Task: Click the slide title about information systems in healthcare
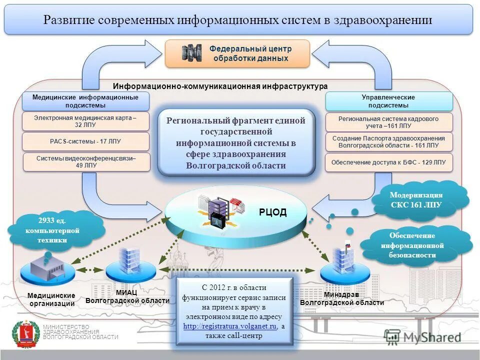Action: click(x=238, y=20)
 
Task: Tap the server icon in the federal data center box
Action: click(x=191, y=53)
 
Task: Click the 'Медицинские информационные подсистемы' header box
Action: click(x=85, y=101)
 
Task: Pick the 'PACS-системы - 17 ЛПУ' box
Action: click(x=85, y=141)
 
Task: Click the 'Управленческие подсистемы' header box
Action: click(x=388, y=101)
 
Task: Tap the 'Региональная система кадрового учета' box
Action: click(x=388, y=122)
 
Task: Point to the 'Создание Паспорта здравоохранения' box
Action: click(x=388, y=142)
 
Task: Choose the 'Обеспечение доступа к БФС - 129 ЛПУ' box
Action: click(x=388, y=162)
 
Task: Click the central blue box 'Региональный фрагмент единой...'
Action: click(x=236, y=143)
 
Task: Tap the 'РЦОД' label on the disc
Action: click(x=273, y=212)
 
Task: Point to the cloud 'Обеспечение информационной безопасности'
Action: click(x=412, y=245)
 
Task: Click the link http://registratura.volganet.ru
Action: click(x=230, y=326)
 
